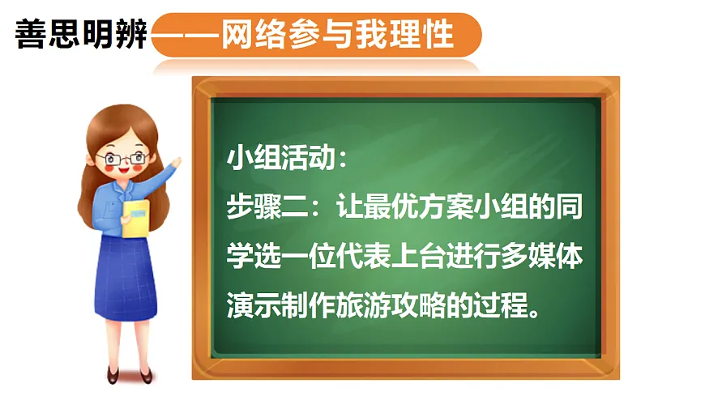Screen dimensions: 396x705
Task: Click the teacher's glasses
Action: click(126, 157)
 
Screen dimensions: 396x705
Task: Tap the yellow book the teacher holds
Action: click(135, 217)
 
